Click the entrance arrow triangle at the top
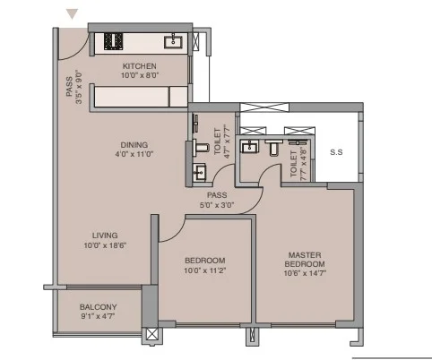[73, 13]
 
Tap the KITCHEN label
[139, 66]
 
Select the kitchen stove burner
[115, 41]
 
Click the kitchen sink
[173, 40]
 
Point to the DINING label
[135, 144]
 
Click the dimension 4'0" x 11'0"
[135, 155]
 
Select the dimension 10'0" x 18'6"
[105, 245]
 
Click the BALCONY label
[97, 306]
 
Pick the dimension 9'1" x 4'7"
[97, 317]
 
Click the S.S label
[336, 151]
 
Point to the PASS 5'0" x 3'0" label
[216, 200]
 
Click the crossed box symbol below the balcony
[151, 336]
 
